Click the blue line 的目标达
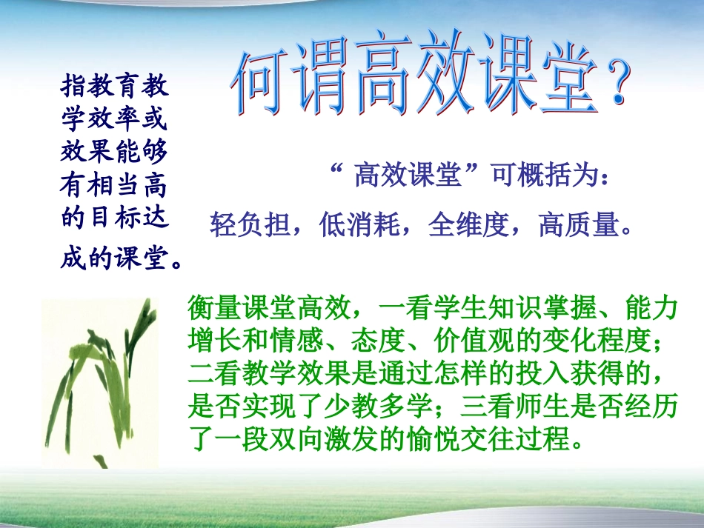coord(115,218)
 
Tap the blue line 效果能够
coord(115,153)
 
